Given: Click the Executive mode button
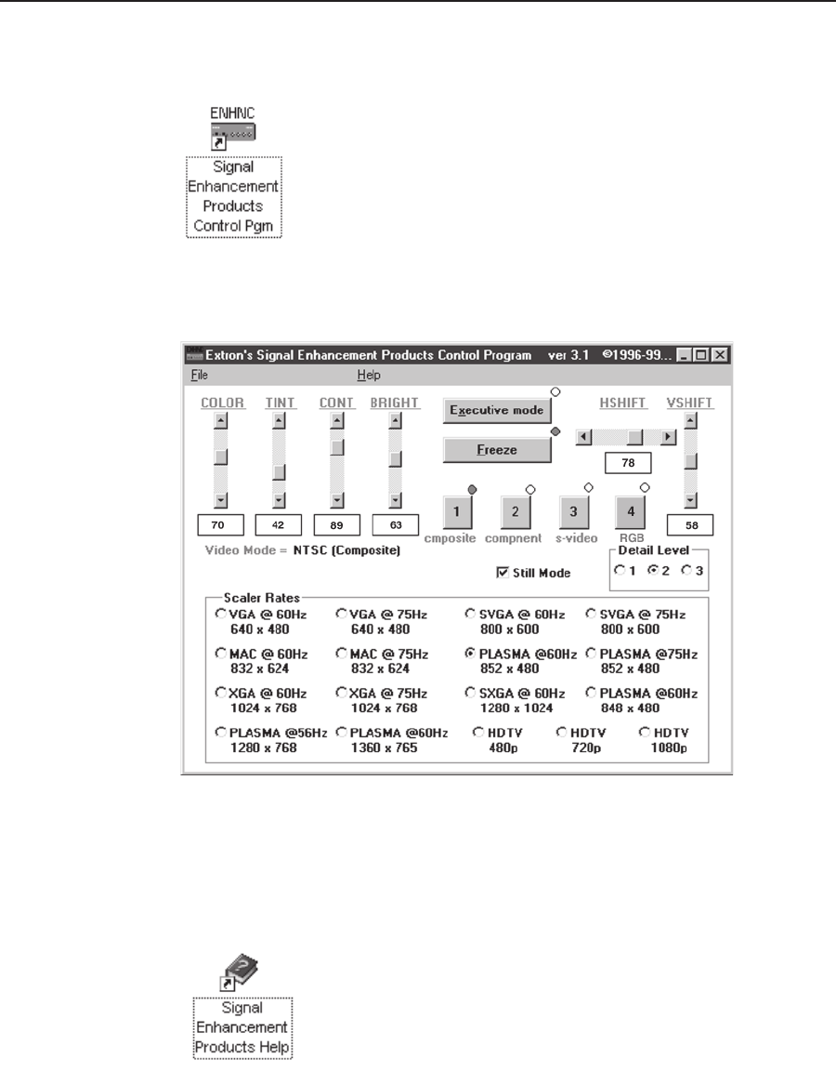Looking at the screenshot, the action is pos(497,410).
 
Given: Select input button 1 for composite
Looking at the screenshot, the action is pos(457,510).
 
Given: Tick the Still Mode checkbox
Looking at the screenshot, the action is pos(503,573).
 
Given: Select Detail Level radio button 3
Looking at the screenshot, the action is pos(686,571).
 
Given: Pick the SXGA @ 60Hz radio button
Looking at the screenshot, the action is pos(471,694).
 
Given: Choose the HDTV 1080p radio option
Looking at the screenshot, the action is pos(645,733).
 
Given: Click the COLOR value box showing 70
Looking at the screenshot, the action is pos(220,525).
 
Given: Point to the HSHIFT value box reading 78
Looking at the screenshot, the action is pos(627,462).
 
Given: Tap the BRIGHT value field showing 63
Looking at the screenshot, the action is pos(395,525).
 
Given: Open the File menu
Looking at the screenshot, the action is pos(200,376).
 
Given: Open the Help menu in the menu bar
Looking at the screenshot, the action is pos(369,376).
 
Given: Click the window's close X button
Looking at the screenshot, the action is pos(719,355).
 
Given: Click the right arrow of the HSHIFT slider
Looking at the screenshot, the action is pos(668,436).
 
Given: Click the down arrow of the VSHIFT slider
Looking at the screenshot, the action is pos(690,500).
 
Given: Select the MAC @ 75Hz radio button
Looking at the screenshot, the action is pos(341,654).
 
